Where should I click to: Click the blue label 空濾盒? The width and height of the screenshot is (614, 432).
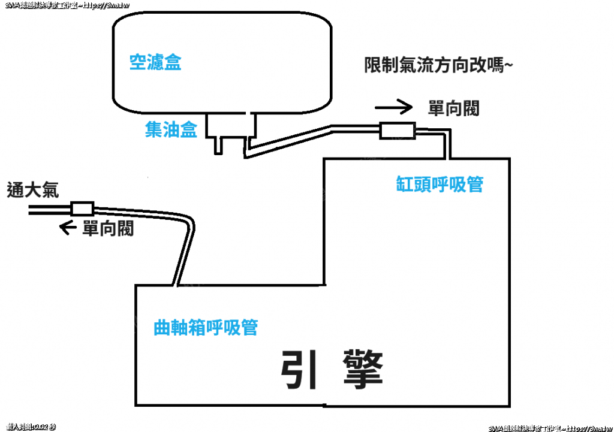[155, 62]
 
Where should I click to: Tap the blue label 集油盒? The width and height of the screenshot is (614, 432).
[171, 130]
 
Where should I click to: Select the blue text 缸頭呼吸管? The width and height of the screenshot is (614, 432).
[440, 185]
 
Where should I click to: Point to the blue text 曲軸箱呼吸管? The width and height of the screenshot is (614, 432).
[206, 328]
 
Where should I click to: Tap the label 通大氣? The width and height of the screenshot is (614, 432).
[33, 190]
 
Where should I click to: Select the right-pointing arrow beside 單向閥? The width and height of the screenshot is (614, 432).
[394, 108]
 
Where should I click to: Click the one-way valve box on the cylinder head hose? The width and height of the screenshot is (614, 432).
[397, 130]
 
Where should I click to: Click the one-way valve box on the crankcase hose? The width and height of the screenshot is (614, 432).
[82, 209]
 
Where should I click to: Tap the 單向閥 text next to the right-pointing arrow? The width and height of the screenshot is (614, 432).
[453, 108]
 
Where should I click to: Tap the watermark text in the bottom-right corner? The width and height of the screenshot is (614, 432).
[549, 428]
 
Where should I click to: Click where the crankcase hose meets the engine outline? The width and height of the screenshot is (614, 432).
[175, 285]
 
